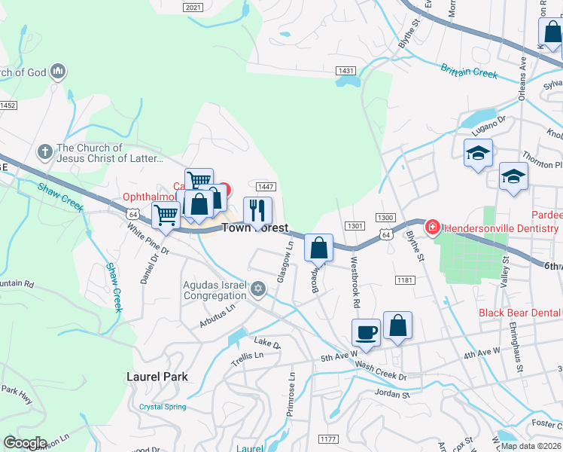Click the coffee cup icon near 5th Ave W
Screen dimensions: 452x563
click(367, 332)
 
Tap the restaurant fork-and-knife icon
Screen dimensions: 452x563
click(257, 210)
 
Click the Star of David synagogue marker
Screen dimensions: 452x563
click(258, 288)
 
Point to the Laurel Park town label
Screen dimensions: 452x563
click(157, 376)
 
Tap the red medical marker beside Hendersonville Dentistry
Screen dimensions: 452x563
click(432, 226)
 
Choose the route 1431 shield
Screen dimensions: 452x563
click(345, 70)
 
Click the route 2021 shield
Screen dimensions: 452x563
click(193, 7)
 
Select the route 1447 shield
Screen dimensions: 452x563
click(266, 187)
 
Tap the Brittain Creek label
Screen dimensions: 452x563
click(470, 72)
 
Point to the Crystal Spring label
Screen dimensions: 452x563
click(163, 407)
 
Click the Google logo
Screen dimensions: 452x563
click(25, 443)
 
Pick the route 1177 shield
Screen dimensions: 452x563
click(327, 438)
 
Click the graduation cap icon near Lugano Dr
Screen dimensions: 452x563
click(478, 153)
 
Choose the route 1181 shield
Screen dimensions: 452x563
click(406, 280)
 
